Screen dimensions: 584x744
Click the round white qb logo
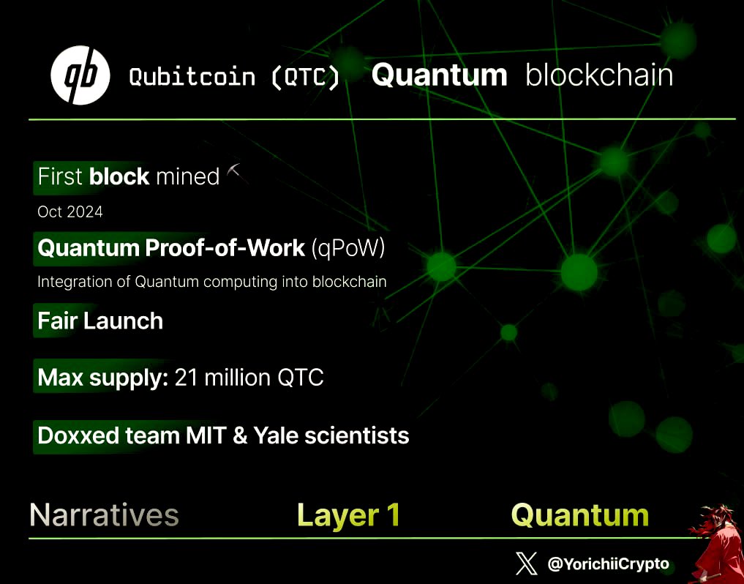pos(80,75)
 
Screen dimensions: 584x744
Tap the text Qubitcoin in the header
pos(192,77)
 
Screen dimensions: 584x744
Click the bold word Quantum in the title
pos(439,75)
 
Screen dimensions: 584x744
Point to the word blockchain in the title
pos(599,75)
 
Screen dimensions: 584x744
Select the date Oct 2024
pos(70,212)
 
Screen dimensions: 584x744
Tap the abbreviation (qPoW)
pos(348,249)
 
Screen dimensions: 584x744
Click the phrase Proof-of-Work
pos(225,249)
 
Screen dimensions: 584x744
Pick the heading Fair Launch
pos(100,321)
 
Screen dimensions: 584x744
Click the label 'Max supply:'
pos(103,378)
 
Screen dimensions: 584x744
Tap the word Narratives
pos(104,515)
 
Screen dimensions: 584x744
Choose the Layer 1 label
pos(348,515)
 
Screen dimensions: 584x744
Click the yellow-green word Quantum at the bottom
pos(579,515)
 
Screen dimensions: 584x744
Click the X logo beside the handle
pos(526,564)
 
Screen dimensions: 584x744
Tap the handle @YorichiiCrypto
pos(608,564)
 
